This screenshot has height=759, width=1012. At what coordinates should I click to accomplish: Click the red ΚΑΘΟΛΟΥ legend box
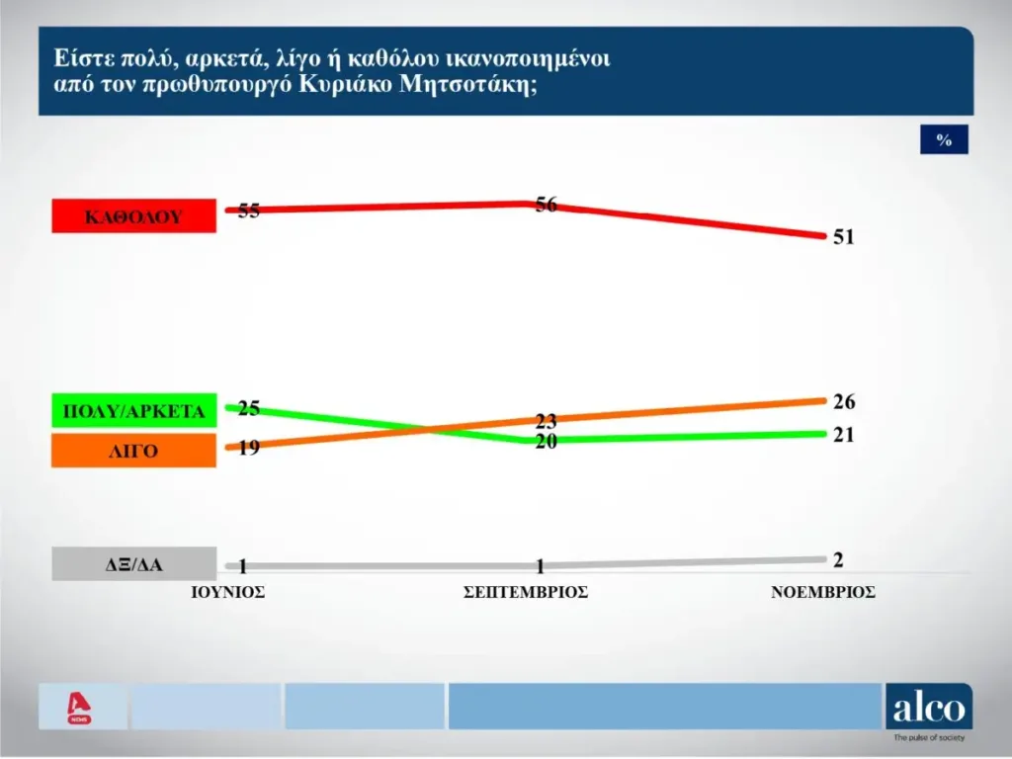pos(133,215)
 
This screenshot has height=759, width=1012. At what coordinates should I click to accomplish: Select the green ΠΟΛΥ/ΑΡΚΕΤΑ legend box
pos(133,411)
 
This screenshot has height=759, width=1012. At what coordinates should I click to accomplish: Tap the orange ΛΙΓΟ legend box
pos(133,451)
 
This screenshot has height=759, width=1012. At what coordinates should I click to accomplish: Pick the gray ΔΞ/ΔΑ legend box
pos(133,565)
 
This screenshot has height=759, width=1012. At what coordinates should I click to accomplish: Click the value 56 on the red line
pos(547,206)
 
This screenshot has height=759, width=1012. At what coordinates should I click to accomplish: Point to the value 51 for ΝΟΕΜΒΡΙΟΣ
pos(843,237)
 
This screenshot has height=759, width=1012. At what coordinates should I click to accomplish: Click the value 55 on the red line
pos(249,211)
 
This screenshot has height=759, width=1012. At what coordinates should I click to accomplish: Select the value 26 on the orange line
pos(843,402)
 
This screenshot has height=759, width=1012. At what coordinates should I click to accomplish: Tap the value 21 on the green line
pos(843,435)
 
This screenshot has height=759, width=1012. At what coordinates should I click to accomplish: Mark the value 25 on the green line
pos(249,407)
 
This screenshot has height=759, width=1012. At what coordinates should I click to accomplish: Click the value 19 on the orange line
pos(249,447)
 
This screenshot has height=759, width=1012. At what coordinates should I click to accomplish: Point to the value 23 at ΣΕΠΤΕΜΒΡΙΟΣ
pos(547,420)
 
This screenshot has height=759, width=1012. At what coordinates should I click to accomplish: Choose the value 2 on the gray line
pos(838,560)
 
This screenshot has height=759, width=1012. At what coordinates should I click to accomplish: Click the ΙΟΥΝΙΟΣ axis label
pos(227,593)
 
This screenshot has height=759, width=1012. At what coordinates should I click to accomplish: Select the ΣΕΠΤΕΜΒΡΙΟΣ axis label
pos(526,593)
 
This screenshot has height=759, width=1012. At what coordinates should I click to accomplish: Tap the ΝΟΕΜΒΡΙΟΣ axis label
pos(823,593)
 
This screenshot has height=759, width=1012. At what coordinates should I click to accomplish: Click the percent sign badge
pos(944,140)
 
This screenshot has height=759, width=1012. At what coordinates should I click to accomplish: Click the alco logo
pos(928,708)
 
